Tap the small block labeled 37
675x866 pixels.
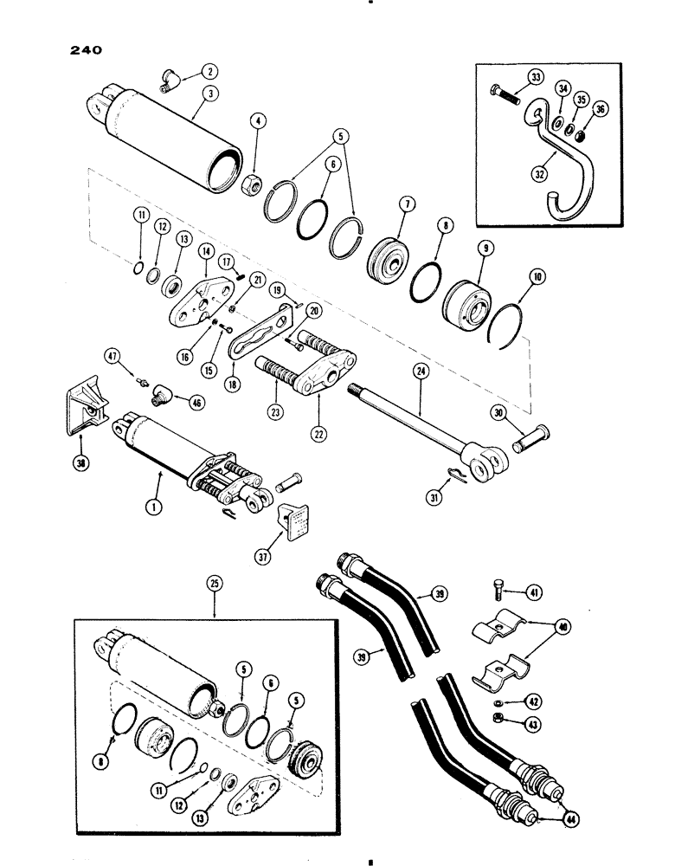[290, 524]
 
